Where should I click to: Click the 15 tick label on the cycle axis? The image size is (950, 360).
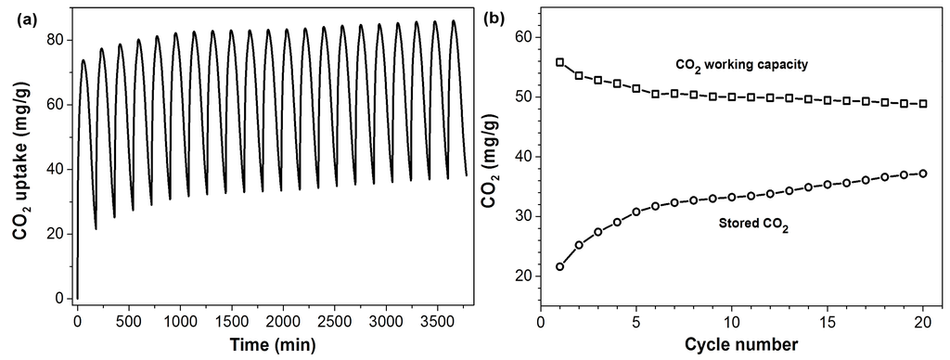pos(828,320)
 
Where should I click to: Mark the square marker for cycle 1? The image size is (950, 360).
pos(559,62)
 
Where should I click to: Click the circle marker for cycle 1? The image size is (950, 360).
pos(559,266)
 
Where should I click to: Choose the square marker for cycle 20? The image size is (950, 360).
pos(922,104)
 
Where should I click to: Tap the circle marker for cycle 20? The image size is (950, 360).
pos(922,174)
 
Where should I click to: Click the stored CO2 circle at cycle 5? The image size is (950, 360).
pos(635,212)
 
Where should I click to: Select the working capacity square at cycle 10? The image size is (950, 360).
pos(731,96)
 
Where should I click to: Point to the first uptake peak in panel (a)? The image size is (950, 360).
pos(83,60)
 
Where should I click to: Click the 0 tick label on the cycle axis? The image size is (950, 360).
pos(541,320)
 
